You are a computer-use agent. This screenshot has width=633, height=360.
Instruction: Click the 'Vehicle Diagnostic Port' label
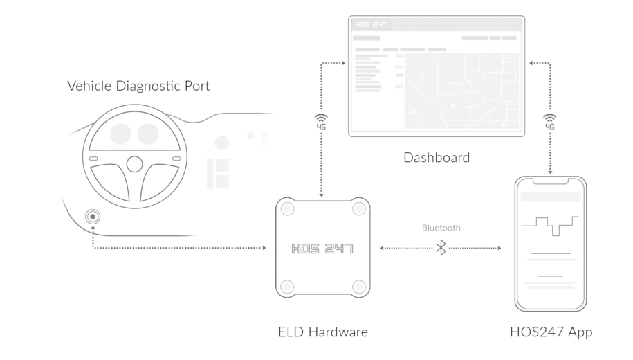[x=139, y=87]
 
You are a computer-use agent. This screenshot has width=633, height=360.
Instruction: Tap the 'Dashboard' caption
[x=436, y=158]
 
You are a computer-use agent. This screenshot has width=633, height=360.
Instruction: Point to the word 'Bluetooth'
[x=441, y=227]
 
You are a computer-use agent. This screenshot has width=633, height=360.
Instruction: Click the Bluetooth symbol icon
[x=441, y=247]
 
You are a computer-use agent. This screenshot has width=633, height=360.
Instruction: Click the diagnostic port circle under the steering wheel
[x=92, y=217]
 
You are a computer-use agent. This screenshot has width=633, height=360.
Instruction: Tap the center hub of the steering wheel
[x=135, y=164]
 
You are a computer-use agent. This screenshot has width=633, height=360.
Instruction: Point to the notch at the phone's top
[x=551, y=181]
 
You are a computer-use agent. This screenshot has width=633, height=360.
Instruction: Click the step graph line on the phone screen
[x=551, y=225]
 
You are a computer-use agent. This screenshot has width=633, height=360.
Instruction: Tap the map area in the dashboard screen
[x=460, y=90]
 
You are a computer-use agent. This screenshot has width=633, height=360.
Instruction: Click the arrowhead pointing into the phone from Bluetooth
[x=499, y=247]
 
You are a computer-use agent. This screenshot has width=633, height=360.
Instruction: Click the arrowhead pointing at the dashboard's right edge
[x=530, y=63]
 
